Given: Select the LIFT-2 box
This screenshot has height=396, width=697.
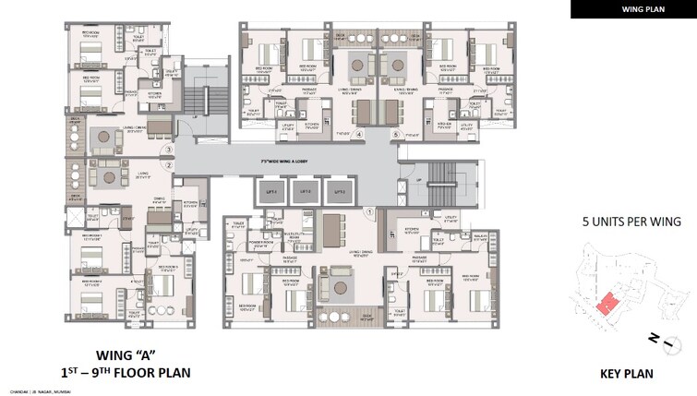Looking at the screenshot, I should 305,193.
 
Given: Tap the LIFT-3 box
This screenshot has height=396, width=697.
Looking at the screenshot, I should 340,193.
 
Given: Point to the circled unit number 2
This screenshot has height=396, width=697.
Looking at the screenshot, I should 169,165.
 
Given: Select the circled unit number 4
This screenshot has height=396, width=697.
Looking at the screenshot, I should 360,134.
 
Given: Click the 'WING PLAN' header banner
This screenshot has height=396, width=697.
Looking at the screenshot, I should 632,9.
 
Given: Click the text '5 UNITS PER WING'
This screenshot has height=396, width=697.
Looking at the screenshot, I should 631,222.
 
